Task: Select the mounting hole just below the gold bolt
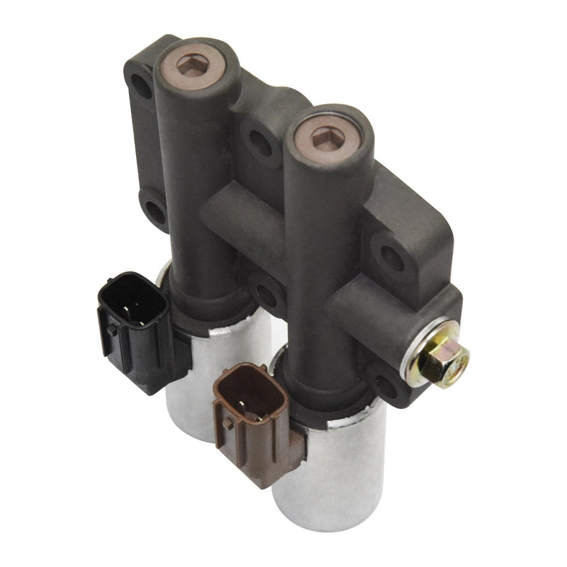pos(386,386)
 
